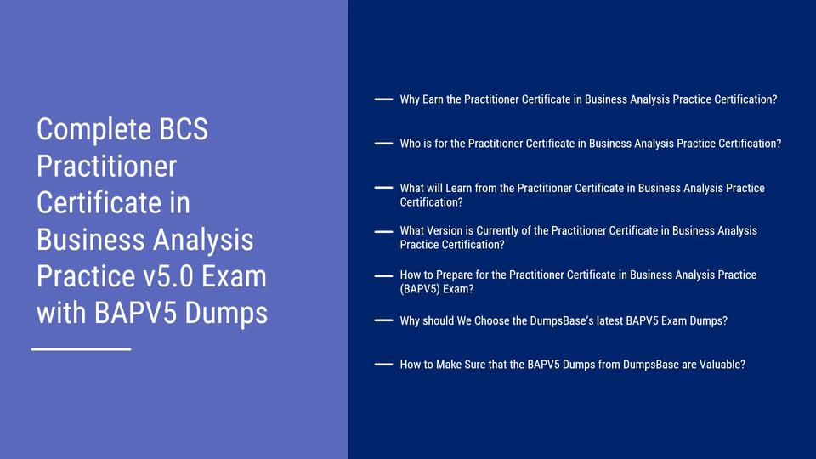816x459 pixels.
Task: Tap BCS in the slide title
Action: point(184,128)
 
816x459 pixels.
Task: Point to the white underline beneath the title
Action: point(82,349)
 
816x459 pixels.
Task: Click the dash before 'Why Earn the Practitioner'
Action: point(383,99)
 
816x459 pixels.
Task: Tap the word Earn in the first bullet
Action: point(433,99)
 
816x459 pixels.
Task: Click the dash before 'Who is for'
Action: point(383,143)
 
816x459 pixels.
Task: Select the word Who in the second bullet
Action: point(410,144)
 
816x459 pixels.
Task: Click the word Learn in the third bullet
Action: point(458,189)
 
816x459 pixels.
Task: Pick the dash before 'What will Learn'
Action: point(383,187)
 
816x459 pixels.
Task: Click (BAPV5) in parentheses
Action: point(418,289)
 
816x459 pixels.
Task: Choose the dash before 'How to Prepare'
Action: point(383,275)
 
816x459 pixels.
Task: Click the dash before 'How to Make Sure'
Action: point(383,365)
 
